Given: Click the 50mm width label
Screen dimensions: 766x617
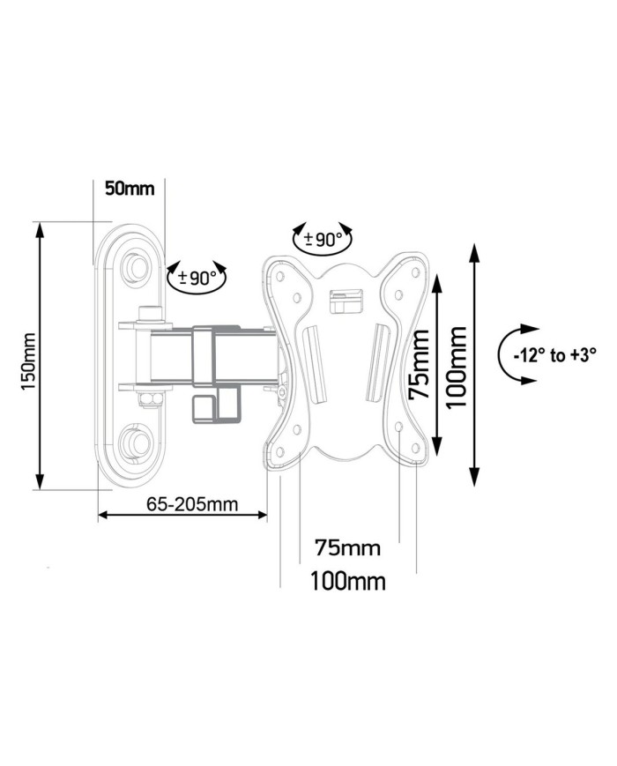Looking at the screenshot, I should pyautogui.click(x=129, y=188).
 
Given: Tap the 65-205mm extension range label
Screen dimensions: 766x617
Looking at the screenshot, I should pyautogui.click(x=180, y=504).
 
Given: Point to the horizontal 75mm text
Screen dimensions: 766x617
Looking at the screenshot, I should pyautogui.click(x=347, y=548).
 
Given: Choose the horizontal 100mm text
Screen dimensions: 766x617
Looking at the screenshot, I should pyautogui.click(x=347, y=581).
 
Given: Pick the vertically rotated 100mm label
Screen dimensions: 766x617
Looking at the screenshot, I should pyautogui.click(x=456, y=366).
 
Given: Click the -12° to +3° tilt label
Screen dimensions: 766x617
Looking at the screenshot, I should pyautogui.click(x=554, y=355).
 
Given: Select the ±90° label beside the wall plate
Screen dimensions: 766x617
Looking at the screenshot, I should pyautogui.click(x=197, y=278).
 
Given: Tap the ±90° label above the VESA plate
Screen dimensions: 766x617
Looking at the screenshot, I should pyautogui.click(x=322, y=239).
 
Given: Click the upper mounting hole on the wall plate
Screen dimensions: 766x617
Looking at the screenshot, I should pyautogui.click(x=136, y=264).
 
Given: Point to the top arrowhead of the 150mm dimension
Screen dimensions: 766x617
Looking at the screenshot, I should pyautogui.click(x=40, y=228).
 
